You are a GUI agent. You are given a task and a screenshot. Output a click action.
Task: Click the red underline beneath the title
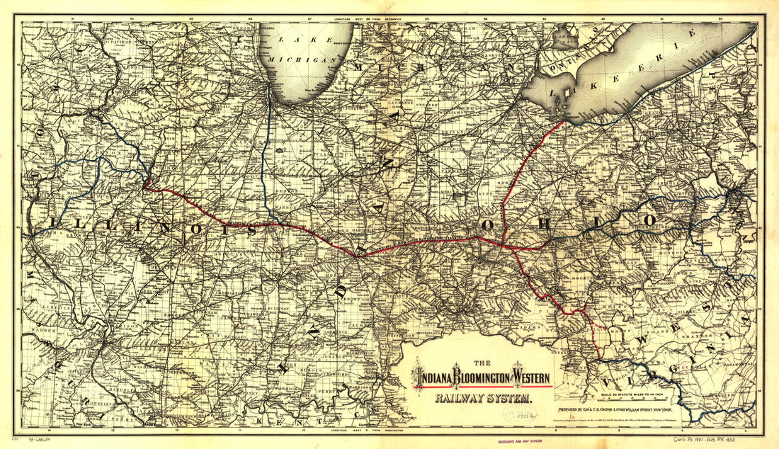pos(483,387)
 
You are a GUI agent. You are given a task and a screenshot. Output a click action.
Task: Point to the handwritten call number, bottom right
pos(707,440)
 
